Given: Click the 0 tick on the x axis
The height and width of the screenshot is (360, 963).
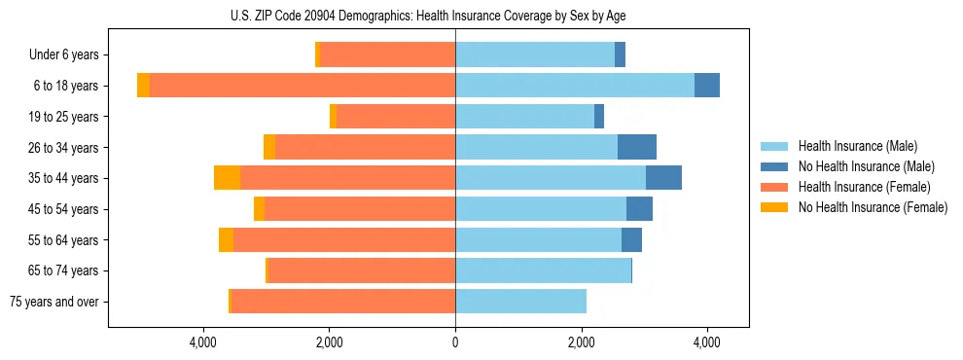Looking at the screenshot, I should click(455, 342).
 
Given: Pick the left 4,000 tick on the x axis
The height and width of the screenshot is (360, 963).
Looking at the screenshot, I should click(202, 342).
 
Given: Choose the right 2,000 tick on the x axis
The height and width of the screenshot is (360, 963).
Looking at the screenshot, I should click(581, 342).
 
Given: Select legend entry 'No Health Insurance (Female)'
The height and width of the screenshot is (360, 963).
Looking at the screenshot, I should click(873, 207).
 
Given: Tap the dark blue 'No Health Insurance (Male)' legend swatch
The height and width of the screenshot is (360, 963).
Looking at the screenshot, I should click(775, 166).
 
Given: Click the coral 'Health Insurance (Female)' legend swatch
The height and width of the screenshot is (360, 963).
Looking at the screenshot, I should click(775, 187).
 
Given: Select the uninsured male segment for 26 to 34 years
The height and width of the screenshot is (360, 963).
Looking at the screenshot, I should click(637, 147).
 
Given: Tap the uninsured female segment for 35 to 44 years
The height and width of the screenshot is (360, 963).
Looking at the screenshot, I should click(227, 178).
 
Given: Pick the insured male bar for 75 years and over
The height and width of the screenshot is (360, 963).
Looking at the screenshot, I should click(520, 302).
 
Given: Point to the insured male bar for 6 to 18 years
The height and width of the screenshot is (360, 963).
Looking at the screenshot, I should click(574, 86).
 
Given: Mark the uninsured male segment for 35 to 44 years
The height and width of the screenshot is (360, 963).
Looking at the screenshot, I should click(663, 178).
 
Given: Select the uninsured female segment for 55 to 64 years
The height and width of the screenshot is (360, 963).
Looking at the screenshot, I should click(226, 239).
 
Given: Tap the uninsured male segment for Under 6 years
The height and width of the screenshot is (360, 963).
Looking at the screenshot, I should click(620, 55).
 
